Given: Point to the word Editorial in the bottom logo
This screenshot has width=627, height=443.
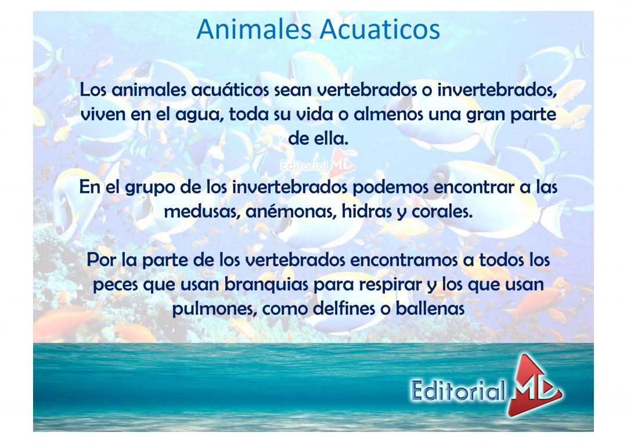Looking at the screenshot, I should (x=457, y=391).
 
